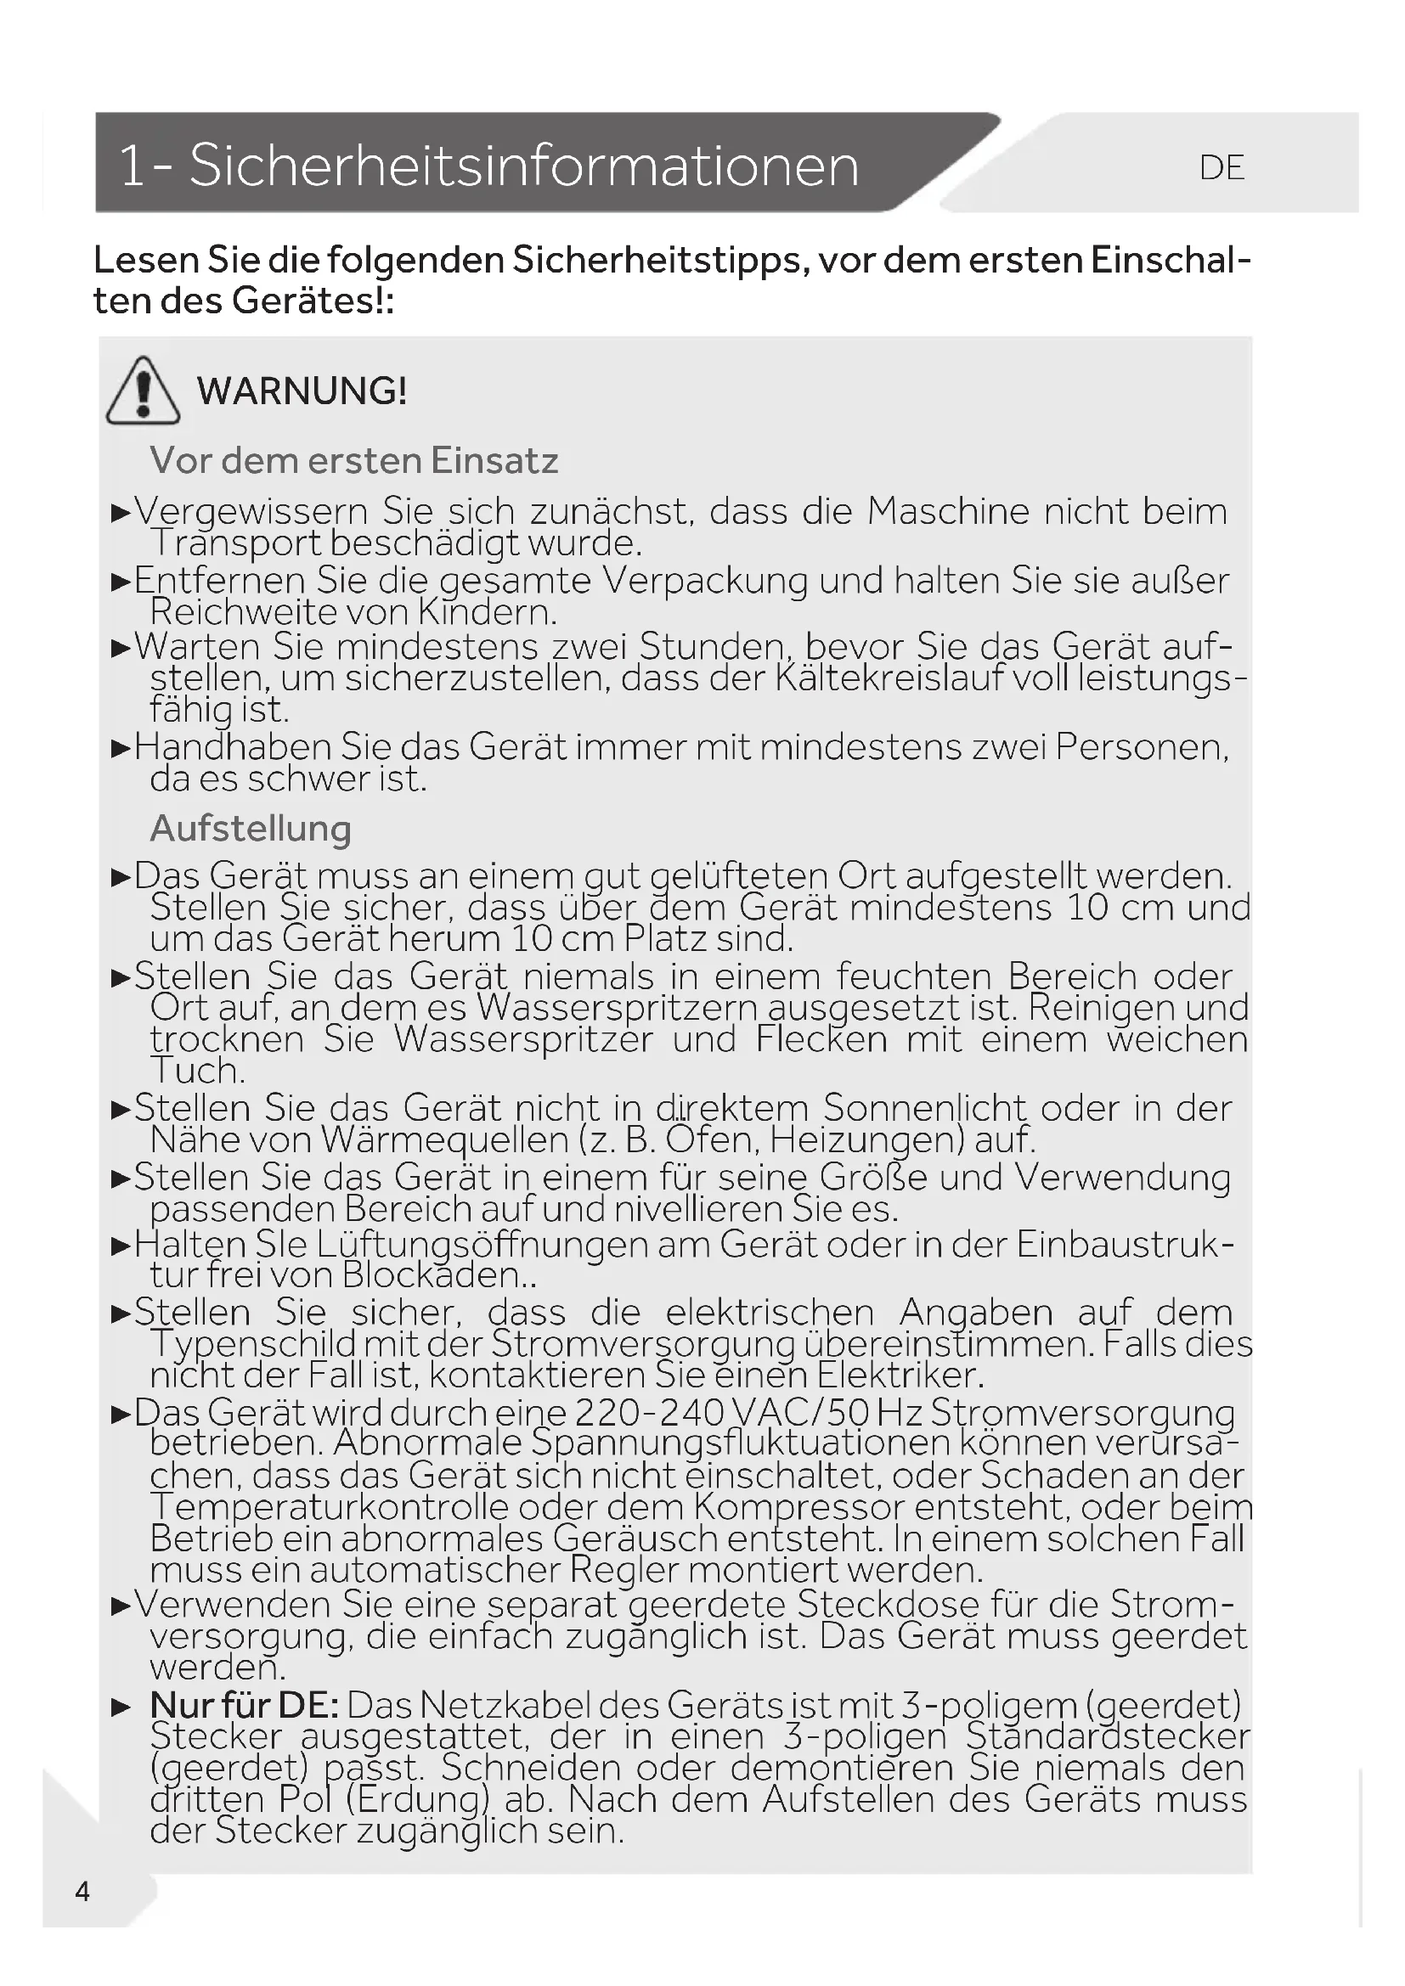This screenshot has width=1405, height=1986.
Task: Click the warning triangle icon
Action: [x=143, y=391]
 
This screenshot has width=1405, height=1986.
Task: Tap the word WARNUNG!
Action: [x=302, y=391]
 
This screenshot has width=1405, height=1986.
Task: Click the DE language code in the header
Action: [x=1222, y=168]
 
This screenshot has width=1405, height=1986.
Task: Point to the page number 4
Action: [x=82, y=1892]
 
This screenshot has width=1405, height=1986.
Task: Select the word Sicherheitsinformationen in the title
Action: [x=523, y=166]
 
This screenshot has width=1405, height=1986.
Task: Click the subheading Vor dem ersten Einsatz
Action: [x=354, y=460]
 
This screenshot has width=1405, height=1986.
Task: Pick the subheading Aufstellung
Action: [x=251, y=828]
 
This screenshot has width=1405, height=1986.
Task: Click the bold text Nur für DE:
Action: [x=244, y=1705]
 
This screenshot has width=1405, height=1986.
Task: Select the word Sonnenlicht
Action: [x=924, y=1108]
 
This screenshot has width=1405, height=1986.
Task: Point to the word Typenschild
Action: [x=251, y=1343]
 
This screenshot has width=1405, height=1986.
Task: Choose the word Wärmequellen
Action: [x=443, y=1140]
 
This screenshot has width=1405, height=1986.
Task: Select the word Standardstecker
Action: [x=1108, y=1736]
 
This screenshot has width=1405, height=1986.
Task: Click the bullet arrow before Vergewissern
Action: [x=121, y=513]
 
